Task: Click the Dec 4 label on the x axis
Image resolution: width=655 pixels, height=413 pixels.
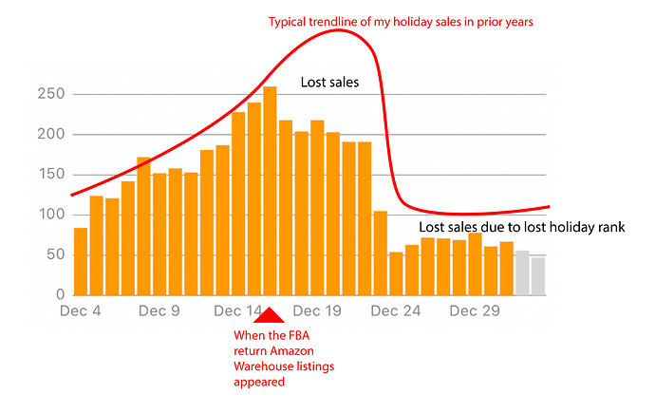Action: (x=80, y=310)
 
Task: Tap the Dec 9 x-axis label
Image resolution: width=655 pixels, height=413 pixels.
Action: (x=159, y=310)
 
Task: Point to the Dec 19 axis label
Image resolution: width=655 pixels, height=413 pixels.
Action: (x=317, y=310)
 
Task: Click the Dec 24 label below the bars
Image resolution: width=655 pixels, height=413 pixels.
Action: (x=396, y=310)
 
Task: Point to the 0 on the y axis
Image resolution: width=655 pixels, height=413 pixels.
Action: (x=60, y=295)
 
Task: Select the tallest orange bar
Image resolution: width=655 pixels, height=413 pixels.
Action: (x=270, y=190)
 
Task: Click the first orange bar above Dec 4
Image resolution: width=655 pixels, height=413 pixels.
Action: (x=81, y=261)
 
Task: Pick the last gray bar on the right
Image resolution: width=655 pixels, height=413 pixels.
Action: (x=538, y=276)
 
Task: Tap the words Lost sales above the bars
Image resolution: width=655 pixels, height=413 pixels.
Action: (x=329, y=83)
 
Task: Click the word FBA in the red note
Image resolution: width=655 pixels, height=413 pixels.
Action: (x=300, y=335)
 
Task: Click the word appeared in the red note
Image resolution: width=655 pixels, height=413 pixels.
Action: (x=258, y=383)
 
